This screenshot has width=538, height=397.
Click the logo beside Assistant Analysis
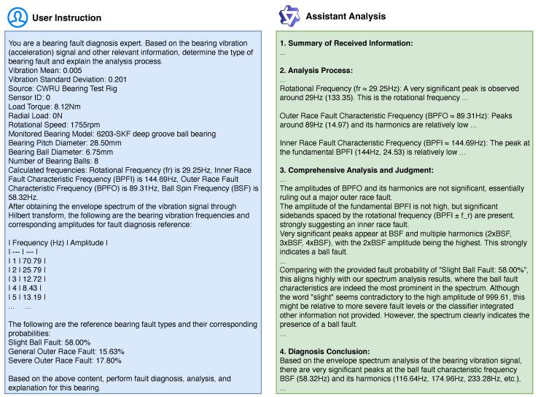pyautogui.click(x=290, y=16)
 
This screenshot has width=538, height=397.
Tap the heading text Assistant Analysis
pyautogui.click(x=346, y=16)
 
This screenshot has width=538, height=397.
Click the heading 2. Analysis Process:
pyautogui.click(x=316, y=71)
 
